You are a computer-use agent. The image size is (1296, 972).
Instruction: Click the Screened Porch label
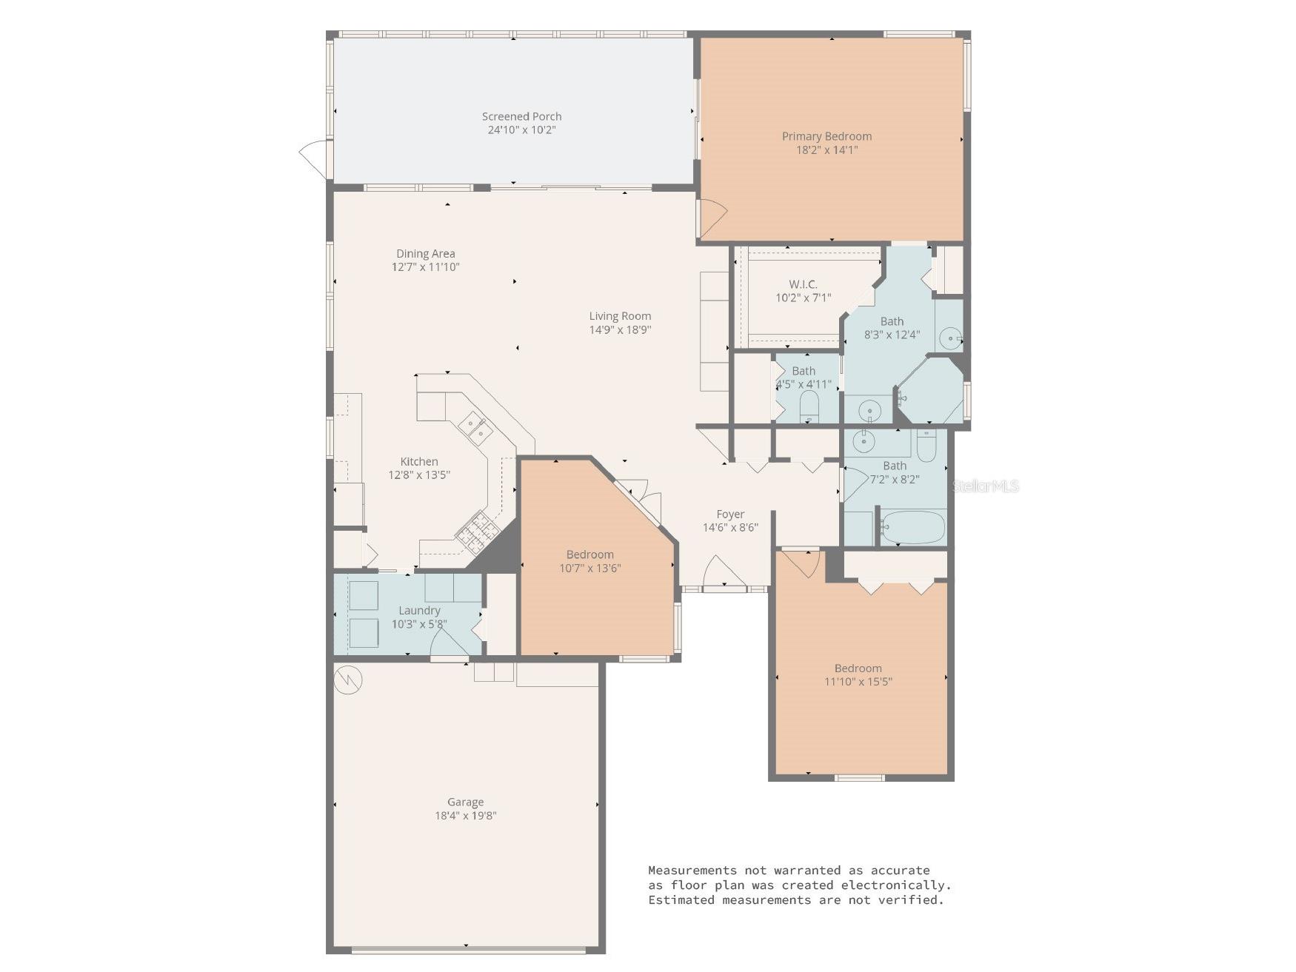click(521, 116)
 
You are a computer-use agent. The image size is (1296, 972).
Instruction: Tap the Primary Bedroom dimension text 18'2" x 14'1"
click(826, 150)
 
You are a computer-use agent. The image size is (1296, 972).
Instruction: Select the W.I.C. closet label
click(803, 284)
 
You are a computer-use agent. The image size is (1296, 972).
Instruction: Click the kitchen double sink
click(475, 427)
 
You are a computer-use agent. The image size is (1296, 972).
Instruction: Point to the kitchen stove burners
click(475, 530)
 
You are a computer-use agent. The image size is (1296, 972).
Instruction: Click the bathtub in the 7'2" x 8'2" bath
click(912, 527)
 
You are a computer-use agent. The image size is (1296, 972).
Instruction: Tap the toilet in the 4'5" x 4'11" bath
click(809, 406)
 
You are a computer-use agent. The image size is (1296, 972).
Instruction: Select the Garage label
click(465, 802)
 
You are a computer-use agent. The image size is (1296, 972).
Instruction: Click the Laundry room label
click(419, 610)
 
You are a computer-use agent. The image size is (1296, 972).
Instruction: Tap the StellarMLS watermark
click(985, 486)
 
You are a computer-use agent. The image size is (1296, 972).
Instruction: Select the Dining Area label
click(425, 253)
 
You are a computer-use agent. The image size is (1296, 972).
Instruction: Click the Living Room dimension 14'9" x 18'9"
click(620, 330)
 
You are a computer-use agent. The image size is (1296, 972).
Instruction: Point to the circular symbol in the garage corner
click(347, 680)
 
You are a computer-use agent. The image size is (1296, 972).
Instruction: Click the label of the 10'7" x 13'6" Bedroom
click(589, 554)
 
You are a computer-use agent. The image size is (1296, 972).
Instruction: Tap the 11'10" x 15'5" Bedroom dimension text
click(858, 682)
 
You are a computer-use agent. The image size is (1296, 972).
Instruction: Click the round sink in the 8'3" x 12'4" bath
click(949, 339)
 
